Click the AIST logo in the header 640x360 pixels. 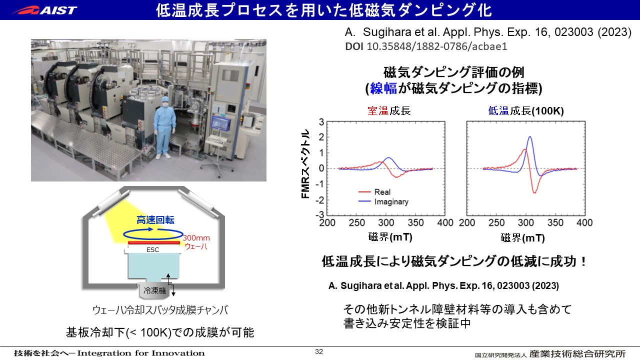(44, 10)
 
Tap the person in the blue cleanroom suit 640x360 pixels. (164, 127)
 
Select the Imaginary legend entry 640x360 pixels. (383, 201)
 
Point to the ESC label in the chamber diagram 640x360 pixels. (152, 250)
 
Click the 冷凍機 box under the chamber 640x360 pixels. (154, 291)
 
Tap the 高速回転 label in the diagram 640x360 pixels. (155, 220)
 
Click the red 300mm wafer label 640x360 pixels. (196, 242)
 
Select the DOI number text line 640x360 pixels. (426, 46)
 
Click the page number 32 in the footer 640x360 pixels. (319, 351)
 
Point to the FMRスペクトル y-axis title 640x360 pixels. (305, 163)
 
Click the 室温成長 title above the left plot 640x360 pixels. (389, 111)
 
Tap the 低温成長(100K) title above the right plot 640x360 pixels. (525, 111)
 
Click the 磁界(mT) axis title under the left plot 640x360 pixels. (390, 237)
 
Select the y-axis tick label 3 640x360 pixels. (321, 122)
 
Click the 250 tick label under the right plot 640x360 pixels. (496, 222)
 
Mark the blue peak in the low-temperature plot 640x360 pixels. (530, 137)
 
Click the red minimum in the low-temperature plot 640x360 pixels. (534, 192)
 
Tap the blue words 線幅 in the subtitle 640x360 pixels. (383, 88)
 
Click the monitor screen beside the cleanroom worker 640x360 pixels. (220, 123)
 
